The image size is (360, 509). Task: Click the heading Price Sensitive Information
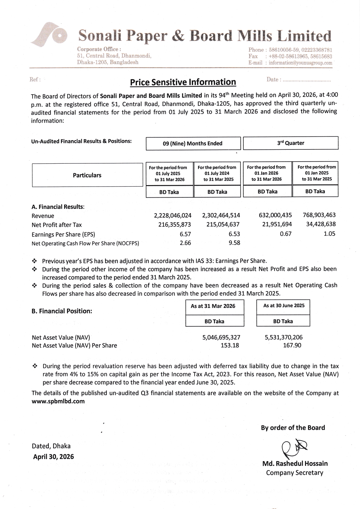tap(183, 82)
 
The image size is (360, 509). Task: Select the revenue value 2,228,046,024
tap(172, 215)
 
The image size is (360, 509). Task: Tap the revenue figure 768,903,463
tap(319, 215)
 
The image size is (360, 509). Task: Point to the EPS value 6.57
tap(185, 234)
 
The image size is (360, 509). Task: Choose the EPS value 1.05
tap(329, 234)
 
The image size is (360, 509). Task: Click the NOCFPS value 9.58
tap(234, 243)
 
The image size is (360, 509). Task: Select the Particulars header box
tap(87, 175)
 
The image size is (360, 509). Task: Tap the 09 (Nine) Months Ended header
tap(193, 143)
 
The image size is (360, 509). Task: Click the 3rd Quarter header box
tap(290, 143)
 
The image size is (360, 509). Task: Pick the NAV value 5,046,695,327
tap(221, 337)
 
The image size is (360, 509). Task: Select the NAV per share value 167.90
tap(292, 345)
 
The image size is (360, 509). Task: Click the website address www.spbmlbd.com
tap(58, 401)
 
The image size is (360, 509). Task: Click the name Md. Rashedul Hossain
tap(295, 464)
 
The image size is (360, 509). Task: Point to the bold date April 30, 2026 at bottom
tap(53, 457)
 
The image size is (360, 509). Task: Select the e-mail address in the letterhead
tap(300, 63)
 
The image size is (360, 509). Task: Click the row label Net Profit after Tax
tap(57, 225)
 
